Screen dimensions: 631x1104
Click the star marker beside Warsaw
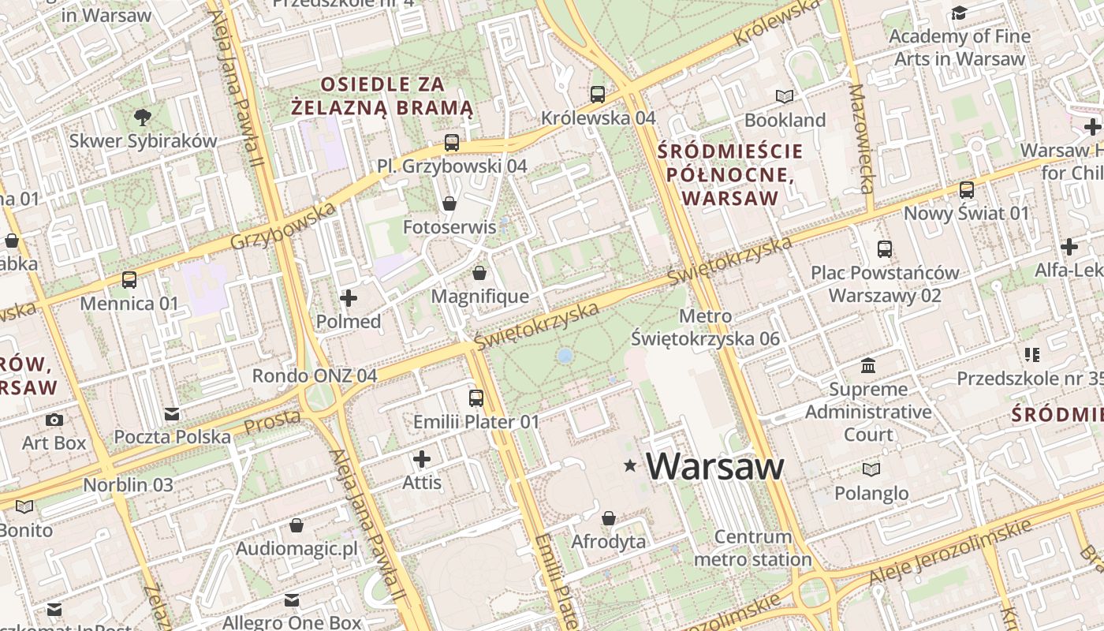630,466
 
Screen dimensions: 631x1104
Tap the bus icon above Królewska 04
598,95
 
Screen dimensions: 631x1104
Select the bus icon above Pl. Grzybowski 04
452,143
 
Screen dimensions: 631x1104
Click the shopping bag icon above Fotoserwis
449,203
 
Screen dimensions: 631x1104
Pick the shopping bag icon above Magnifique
479,273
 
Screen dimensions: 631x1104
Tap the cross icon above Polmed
349,298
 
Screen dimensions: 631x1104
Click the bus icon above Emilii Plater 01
476,398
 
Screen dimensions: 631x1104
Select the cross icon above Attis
422,458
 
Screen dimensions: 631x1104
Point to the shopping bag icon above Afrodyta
609,518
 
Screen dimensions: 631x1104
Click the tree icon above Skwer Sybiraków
143,118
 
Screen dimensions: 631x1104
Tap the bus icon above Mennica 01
129,279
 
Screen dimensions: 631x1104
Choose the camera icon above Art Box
54,420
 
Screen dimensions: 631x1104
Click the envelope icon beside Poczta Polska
172,414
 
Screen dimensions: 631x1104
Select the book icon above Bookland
785,96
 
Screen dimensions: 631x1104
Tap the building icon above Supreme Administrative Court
868,366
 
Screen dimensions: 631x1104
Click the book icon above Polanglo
871,470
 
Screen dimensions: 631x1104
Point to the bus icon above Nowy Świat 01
967,190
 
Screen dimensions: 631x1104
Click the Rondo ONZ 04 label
315,375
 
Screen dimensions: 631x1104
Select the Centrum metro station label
752,548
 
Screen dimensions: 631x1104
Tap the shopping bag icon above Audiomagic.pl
297,525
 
